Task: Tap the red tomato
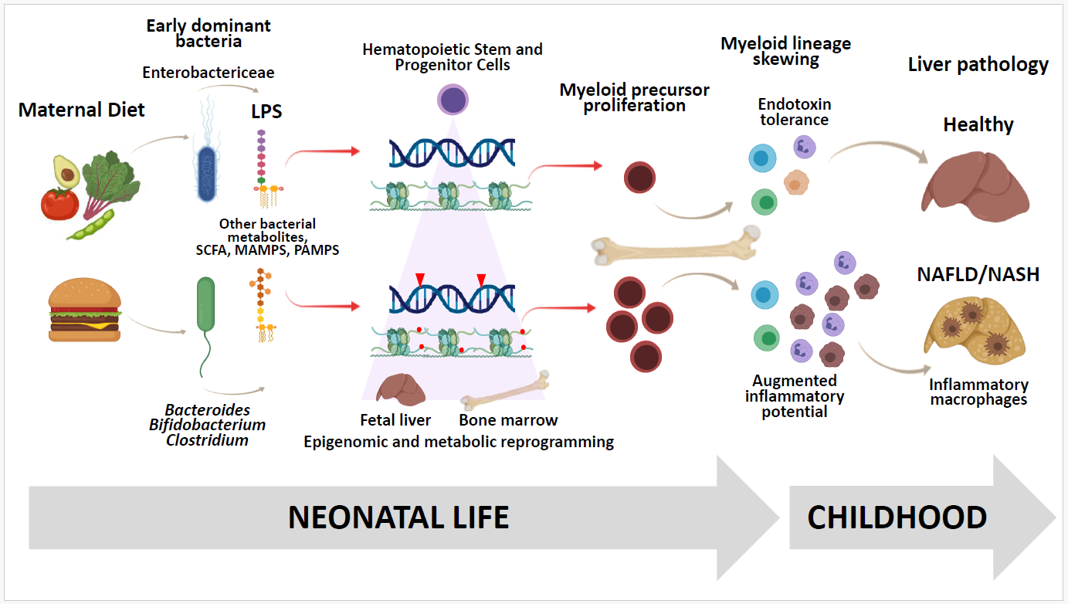(61, 204)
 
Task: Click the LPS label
(266, 111)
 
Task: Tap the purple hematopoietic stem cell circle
(453, 100)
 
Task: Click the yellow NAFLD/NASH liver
(974, 333)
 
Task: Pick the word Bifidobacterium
(206, 425)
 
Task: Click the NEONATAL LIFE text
(398, 517)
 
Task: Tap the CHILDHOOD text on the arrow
(897, 517)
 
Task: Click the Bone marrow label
(507, 421)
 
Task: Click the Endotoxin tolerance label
(794, 112)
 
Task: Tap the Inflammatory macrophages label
(978, 392)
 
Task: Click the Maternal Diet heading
(82, 110)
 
